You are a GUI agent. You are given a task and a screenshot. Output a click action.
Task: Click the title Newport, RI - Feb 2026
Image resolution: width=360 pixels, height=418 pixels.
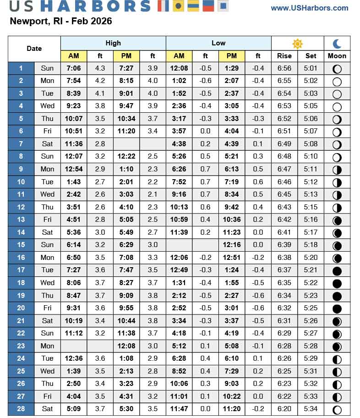[61, 22]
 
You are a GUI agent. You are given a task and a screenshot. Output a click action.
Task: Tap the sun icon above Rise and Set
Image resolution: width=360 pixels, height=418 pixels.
[298, 44]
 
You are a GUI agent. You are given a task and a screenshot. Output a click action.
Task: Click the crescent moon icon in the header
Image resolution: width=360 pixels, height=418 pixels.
[337, 44]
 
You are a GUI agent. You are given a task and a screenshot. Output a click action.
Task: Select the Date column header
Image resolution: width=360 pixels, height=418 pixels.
[34, 49]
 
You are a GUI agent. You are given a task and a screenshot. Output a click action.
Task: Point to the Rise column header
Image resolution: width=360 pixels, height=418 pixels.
[284, 56]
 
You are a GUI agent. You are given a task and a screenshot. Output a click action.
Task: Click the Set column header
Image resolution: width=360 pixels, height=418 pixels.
[311, 56]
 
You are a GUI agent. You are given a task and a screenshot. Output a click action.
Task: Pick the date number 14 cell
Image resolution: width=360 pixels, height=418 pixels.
[21, 232]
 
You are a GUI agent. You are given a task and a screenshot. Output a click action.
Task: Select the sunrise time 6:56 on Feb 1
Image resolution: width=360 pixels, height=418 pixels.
[284, 68]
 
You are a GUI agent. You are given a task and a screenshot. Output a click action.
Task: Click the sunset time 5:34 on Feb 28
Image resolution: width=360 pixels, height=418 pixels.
[311, 408]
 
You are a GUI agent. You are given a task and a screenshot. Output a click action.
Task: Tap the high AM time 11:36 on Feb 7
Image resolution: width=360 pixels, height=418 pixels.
[74, 144]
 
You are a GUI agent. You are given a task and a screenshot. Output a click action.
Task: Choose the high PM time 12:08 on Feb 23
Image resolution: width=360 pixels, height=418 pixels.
[126, 346]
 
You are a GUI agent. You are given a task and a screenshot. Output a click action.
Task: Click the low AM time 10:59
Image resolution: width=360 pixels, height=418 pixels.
[179, 220]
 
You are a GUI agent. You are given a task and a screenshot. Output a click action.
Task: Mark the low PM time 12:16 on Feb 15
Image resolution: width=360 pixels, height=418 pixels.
[232, 245]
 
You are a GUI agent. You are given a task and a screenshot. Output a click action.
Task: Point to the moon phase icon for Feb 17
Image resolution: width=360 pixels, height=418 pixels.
[337, 270]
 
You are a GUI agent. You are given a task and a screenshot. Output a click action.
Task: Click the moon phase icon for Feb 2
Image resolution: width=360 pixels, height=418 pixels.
[337, 81]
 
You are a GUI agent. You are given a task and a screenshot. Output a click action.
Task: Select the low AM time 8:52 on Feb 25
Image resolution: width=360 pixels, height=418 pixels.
[179, 371]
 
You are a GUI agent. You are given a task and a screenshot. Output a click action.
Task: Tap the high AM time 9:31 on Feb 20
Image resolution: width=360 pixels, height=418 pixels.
[74, 308]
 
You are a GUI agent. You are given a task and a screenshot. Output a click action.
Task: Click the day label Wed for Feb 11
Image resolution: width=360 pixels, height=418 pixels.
[47, 194]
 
